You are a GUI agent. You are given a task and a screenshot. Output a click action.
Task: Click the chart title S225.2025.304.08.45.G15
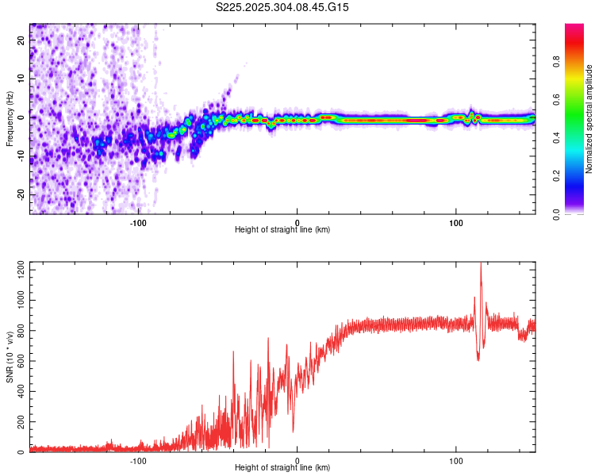(283, 7)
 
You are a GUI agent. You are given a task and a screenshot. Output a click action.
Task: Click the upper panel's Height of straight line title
(283, 230)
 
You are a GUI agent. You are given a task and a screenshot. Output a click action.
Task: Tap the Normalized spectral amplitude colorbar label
(589, 119)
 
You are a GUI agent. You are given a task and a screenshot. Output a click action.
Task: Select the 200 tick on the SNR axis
(19, 422)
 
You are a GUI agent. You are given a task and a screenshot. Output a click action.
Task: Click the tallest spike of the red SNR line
(481, 264)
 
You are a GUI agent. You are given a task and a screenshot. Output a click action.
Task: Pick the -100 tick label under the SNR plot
(138, 459)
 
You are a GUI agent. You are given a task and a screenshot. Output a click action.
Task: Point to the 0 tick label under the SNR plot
(297, 459)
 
